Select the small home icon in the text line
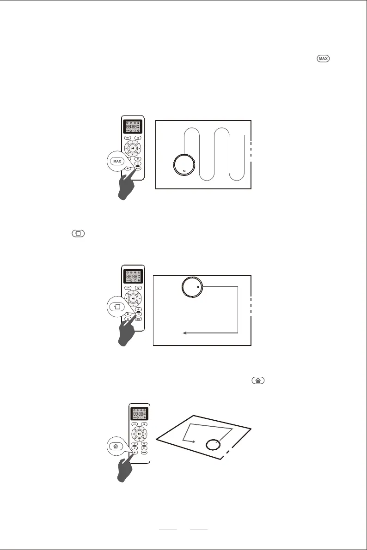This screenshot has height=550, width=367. coord(257,381)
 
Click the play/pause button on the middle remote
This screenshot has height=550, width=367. coord(133,298)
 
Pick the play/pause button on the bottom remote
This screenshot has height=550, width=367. coord(138,434)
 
